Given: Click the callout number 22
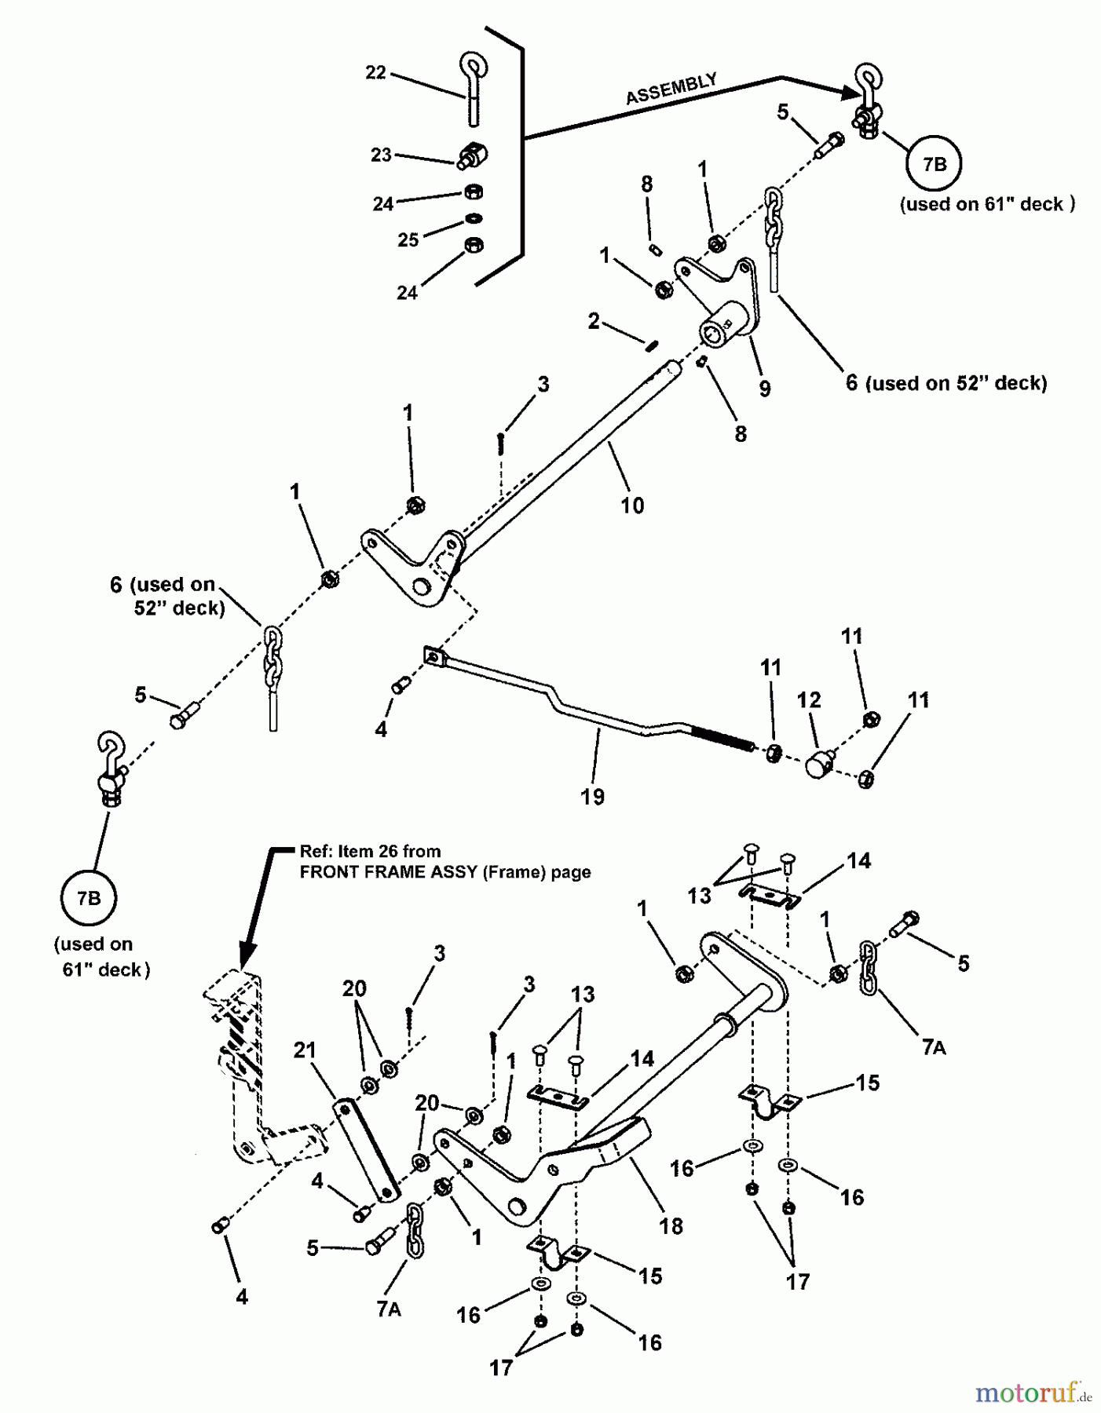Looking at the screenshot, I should [x=375, y=72].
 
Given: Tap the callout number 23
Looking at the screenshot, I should [x=381, y=155].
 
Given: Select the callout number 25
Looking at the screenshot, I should [x=408, y=239].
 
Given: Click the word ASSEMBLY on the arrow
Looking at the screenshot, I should [x=671, y=89].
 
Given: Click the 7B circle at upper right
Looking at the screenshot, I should [x=934, y=164].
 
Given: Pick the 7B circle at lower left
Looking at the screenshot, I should [x=88, y=898].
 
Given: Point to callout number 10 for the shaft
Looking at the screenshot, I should [x=632, y=505].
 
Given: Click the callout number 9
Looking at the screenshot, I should [x=764, y=388].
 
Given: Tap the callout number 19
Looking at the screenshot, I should [x=593, y=796].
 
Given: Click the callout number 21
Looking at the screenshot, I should [x=305, y=1050].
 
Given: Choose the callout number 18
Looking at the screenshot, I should [x=671, y=1225].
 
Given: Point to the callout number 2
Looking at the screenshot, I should [x=594, y=320].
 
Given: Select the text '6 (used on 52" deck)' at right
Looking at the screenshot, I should [x=946, y=383].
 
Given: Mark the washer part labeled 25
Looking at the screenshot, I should [x=473, y=218].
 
